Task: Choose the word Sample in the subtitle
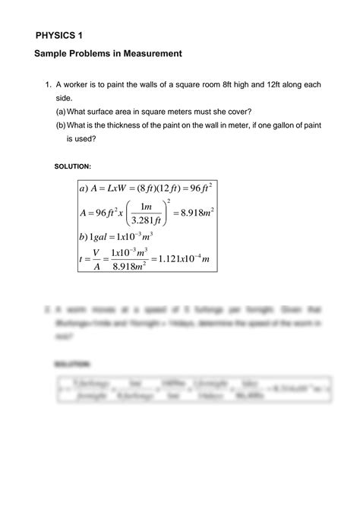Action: click(52, 54)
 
